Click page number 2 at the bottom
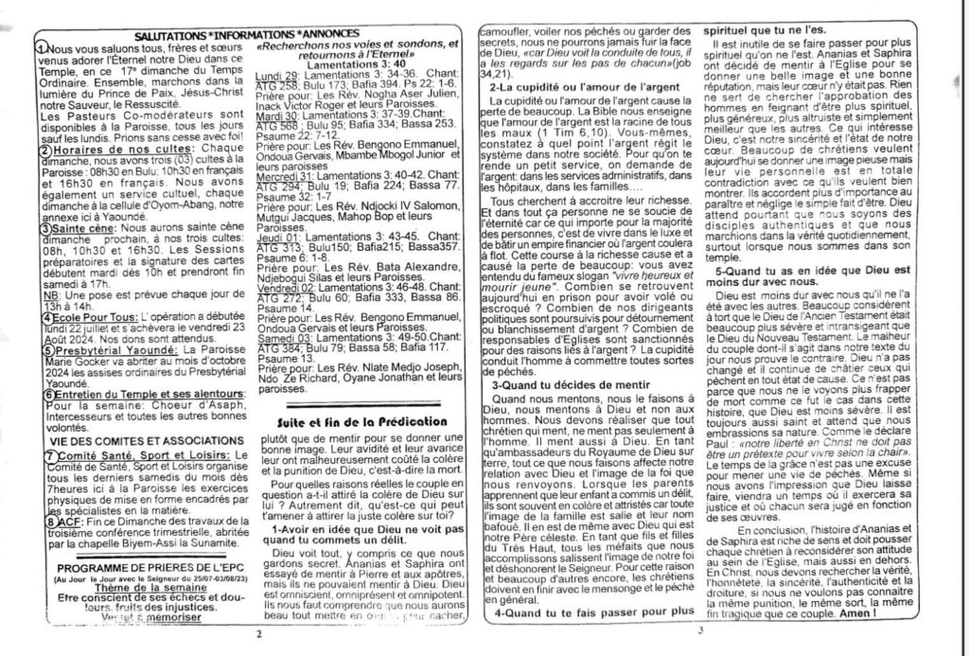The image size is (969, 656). pyautogui.click(x=257, y=635)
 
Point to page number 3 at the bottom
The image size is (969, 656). pyautogui.click(x=699, y=632)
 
